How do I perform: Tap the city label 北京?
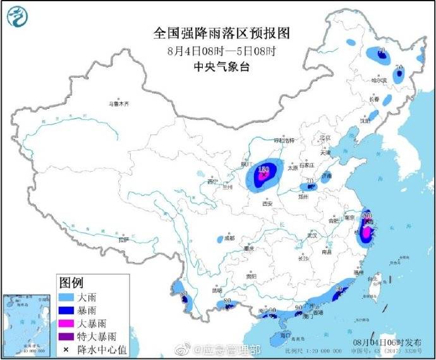pyautogui.click(x=325, y=137)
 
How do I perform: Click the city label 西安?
pyautogui.click(x=267, y=204)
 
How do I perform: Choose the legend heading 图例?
pyautogui.click(x=71, y=282)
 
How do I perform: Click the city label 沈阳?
pyautogui.click(x=365, y=120)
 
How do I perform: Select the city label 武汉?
pyautogui.click(x=311, y=235)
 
